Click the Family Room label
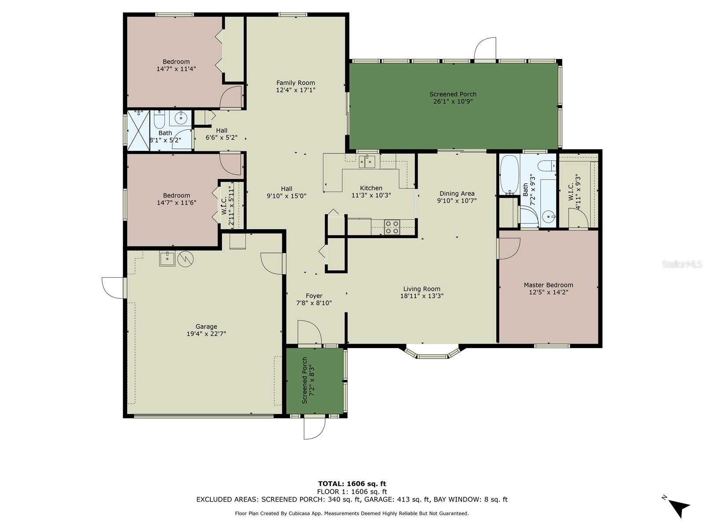pos(295,83)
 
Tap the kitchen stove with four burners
pos(392,227)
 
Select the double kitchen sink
pos(366,162)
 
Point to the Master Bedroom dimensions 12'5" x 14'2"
pos(548,292)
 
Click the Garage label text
pos(206,326)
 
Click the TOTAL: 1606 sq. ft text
pos(352,484)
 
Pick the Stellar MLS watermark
pos(682,264)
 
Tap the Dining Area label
pos(457,193)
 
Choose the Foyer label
pos(314,296)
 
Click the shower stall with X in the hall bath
pos(138,130)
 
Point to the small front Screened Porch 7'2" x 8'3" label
pos(308,380)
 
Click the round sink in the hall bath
pos(181,117)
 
